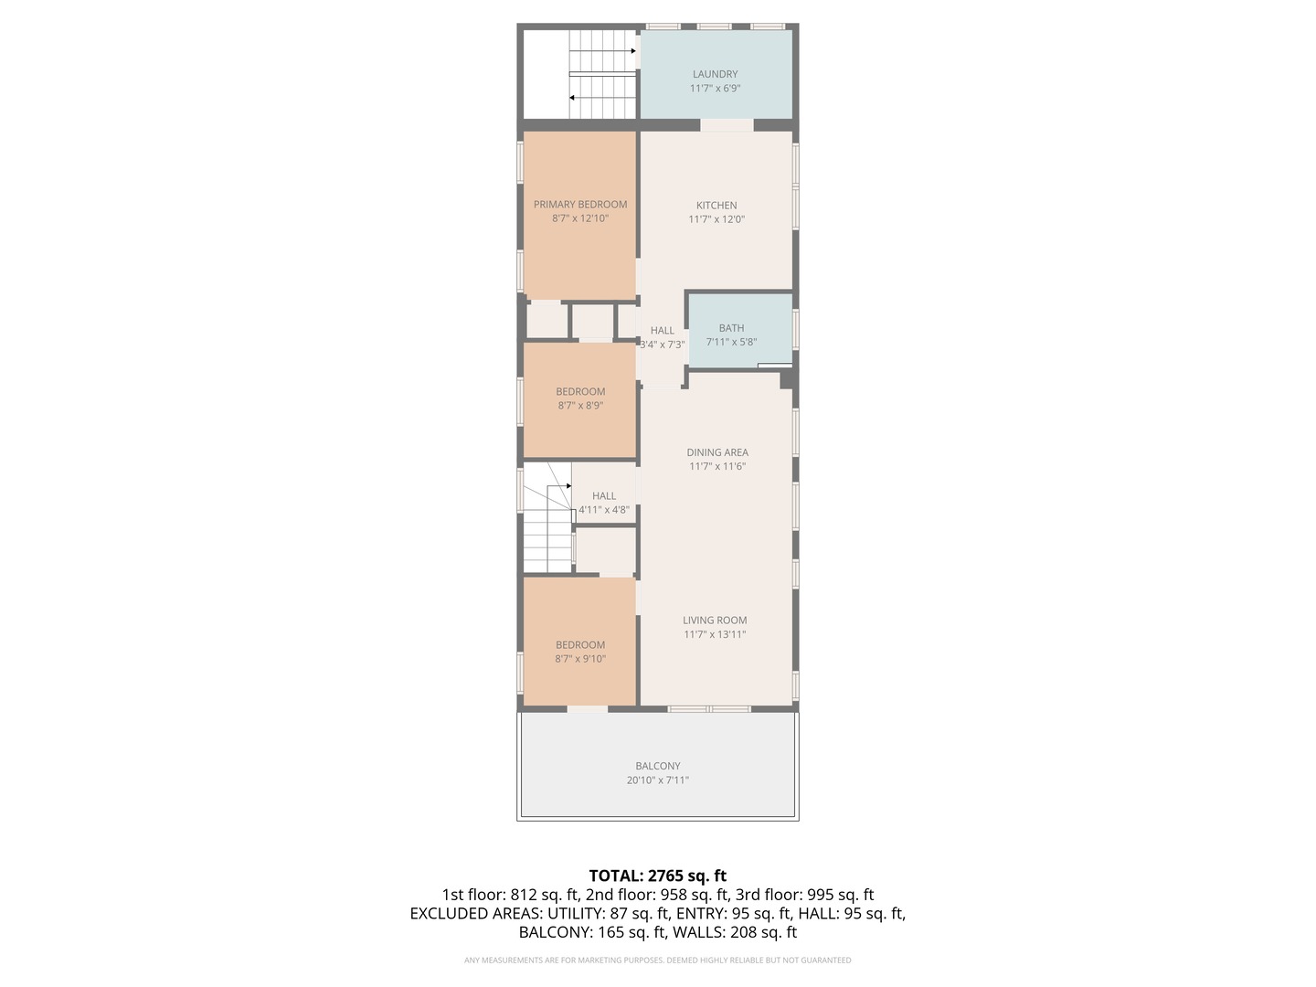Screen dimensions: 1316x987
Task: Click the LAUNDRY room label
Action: [x=715, y=74]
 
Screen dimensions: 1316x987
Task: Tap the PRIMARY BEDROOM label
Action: [x=580, y=205]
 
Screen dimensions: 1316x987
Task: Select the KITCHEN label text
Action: [x=716, y=205]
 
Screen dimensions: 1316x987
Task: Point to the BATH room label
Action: [x=731, y=328]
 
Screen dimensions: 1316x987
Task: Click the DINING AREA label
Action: [x=717, y=452]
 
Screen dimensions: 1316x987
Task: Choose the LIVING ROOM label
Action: [x=715, y=621]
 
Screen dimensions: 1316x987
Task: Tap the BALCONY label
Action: [x=658, y=766]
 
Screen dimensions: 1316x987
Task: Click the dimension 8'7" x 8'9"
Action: [x=580, y=406]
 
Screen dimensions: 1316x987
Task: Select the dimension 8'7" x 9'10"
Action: [x=580, y=659]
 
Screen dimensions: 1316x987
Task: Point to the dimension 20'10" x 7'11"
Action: [x=658, y=780]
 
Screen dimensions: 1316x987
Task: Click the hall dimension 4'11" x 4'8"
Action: [x=604, y=511]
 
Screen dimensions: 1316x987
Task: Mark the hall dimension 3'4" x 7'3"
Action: [x=662, y=345]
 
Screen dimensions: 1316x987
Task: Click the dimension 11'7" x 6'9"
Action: [x=715, y=89]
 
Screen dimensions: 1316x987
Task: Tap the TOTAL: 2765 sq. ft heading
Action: [x=658, y=876]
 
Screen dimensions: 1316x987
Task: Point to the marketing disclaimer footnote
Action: [x=658, y=960]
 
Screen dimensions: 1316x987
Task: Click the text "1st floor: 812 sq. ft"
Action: [x=511, y=895]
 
